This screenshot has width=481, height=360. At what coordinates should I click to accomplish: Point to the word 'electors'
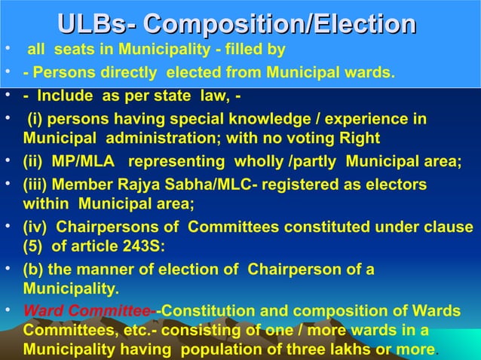click(x=394, y=185)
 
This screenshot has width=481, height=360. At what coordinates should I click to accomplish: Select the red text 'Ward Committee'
click(x=87, y=311)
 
